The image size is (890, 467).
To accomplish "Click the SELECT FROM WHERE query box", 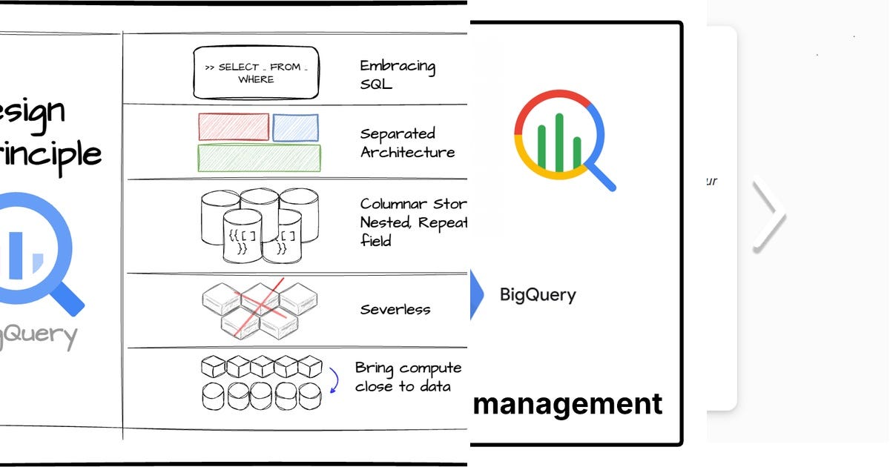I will (256, 73).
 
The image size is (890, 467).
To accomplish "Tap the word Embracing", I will (398, 66).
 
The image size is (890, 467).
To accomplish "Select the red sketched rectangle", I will (234, 127).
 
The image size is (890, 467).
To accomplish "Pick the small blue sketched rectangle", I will (295, 127).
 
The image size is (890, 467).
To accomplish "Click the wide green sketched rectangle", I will (259, 158).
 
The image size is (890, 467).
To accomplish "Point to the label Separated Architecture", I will (406, 143).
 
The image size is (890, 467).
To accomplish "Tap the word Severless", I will (395, 309).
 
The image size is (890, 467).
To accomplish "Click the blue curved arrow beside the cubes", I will (334, 380).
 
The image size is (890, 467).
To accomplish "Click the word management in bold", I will (568, 404).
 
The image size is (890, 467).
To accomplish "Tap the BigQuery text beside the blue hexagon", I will (538, 295).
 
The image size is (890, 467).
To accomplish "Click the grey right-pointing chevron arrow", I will (770, 215).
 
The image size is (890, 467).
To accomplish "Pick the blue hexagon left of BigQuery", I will (476, 294).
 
